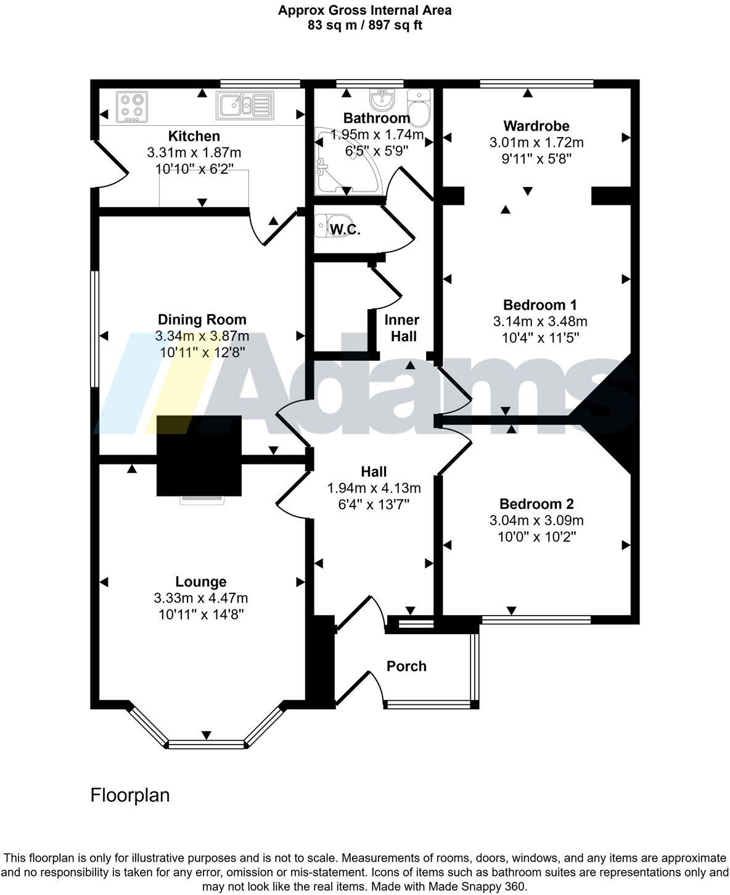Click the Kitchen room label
coord(194,136)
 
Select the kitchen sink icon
coord(244,105)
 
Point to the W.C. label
coord(345,230)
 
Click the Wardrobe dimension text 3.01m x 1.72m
coord(536,142)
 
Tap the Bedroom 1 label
coord(539,305)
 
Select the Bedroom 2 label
coord(536,504)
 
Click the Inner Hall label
coord(402,328)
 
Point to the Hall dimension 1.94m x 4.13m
coord(374,489)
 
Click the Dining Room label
coord(202,320)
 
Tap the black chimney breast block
coord(199,455)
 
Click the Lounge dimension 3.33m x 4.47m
coord(201,598)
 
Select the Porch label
coord(406,666)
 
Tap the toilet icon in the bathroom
coord(420,108)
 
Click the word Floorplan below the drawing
coord(130,795)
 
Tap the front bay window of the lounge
coord(207,744)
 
